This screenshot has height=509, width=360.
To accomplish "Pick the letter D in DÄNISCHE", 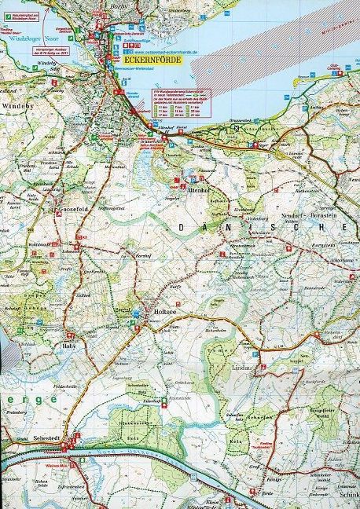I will [182, 228].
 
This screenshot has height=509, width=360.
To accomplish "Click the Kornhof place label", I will [141, 255].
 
